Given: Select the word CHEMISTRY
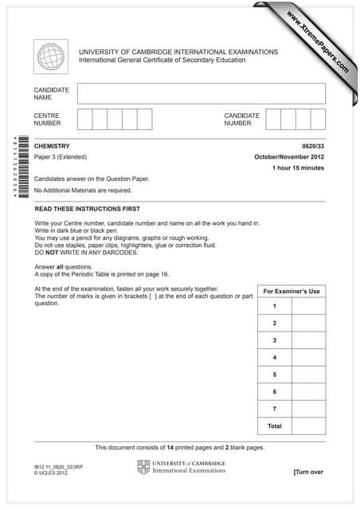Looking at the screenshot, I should click(53, 147).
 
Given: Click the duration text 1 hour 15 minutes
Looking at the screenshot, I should click(298, 168).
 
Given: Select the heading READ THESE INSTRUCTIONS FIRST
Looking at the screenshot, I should click(87, 208).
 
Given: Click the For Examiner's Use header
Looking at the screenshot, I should click(291, 291).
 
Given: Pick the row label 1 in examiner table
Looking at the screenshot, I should click(274, 306).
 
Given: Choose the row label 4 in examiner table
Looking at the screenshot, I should click(274, 358).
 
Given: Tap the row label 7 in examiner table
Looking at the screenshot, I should click(274, 409).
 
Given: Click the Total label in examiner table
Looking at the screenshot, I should click(274, 426).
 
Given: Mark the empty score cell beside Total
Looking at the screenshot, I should click(308, 426).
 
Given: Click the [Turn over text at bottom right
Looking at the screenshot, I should click(308, 472).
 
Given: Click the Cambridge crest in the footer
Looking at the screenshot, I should click(143, 468).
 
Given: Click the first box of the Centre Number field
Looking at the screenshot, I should click(84, 120).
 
